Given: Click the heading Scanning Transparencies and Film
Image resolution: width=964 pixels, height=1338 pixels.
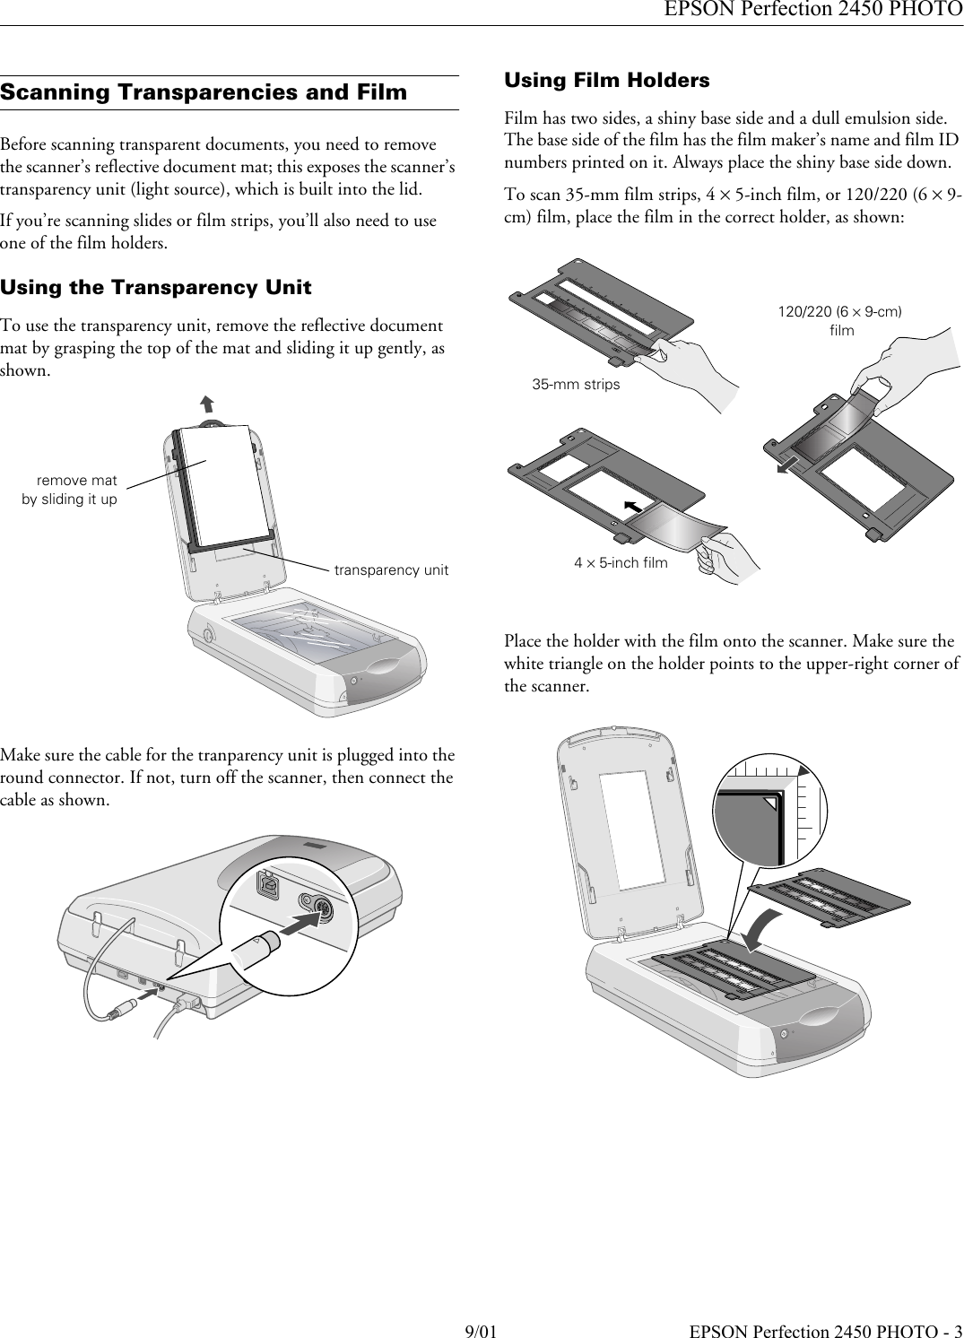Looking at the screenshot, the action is point(204,92).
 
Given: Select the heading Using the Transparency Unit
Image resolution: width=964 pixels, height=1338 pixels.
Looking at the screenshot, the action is point(156,288).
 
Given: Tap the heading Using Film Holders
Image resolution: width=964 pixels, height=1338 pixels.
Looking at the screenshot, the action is point(607,81).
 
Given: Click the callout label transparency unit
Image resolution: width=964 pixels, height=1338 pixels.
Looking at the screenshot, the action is point(391,570).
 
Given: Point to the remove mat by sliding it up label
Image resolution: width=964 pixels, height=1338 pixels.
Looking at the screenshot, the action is point(70,491).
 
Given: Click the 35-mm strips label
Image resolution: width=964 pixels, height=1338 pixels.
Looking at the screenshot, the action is point(576,385).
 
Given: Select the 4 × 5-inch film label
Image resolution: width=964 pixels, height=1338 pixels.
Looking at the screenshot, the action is point(621,563).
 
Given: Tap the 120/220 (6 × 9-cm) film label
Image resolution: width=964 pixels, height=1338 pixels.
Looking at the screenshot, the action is point(839,321).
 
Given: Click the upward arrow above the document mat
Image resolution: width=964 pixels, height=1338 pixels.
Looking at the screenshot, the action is point(207,404).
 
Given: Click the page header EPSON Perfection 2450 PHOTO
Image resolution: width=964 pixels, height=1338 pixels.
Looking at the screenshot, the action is point(813,11).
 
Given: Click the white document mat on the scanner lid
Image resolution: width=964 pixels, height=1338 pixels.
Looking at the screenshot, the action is point(220,484).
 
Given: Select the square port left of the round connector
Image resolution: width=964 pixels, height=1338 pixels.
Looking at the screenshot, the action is point(268,882).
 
